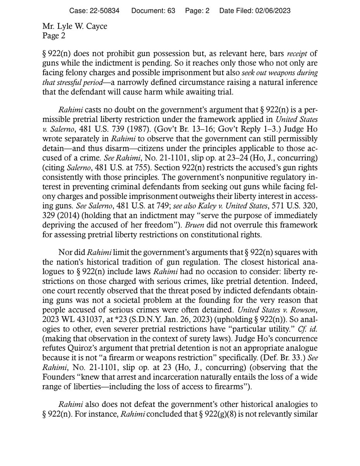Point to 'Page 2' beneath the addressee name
54,37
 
